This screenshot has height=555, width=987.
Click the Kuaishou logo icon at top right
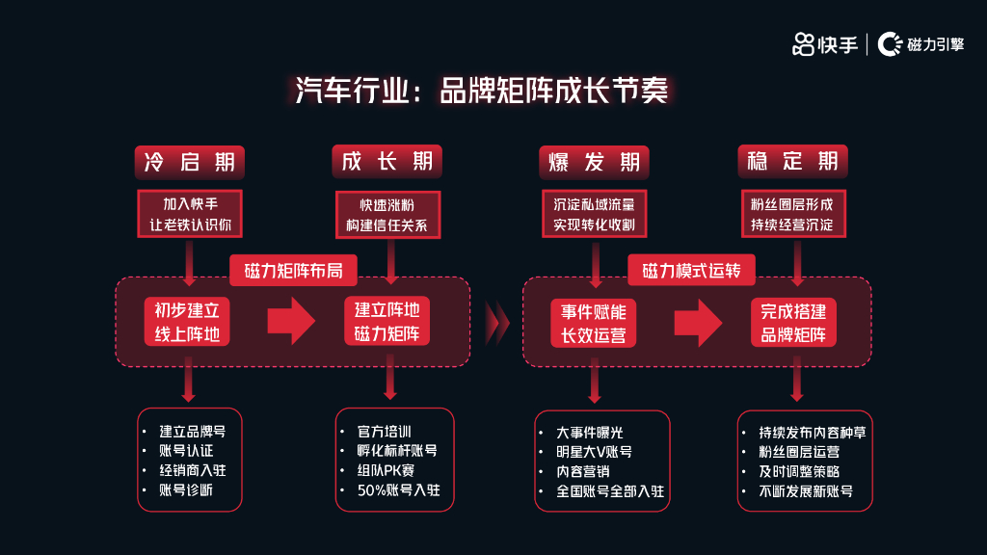pos(803,43)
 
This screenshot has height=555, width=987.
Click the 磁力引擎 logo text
pos(935,44)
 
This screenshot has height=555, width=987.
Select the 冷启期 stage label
pos(190,161)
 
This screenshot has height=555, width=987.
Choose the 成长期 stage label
pos(387,161)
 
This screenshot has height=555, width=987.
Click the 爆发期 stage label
pos(594,162)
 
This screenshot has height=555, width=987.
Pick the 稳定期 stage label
pos(792,161)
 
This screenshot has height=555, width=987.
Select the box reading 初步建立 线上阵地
pos(188,323)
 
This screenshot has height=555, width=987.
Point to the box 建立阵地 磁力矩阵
pos(387,323)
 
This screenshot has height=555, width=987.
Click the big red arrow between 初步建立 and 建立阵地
pos(291,322)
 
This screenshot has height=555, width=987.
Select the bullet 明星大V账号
pos(595,451)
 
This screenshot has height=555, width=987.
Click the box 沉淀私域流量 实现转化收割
pos(594,215)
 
